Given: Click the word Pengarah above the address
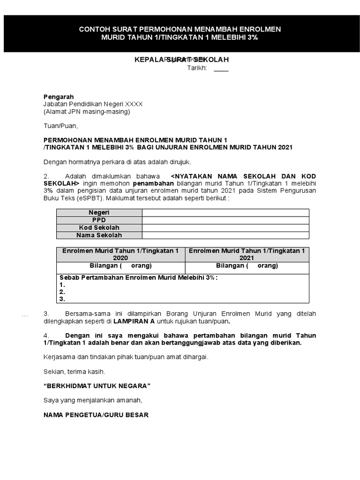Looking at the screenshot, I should (59, 97).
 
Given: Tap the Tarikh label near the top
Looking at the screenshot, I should (197, 68).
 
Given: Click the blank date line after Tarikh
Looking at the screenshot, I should (221, 69).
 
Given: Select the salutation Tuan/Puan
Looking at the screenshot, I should (60, 126).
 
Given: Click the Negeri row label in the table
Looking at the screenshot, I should (99, 213).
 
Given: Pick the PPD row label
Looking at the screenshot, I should (99, 220).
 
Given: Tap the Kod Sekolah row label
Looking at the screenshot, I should (99, 228).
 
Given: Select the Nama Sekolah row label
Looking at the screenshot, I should (99, 235).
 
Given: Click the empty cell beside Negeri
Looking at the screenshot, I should (225, 213).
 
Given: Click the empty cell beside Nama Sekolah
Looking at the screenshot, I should (225, 235).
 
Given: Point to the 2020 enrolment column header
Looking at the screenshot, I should (120, 255).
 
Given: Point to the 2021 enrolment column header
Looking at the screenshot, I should (247, 255).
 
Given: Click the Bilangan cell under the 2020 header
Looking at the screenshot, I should (120, 266).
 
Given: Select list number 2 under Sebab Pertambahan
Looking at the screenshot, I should (62, 292).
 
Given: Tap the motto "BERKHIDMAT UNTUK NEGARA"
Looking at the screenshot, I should (97, 385).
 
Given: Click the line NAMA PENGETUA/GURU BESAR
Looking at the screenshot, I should (96, 415).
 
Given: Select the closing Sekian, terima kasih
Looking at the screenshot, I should (74, 371).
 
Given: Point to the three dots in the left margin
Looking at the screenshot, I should (25, 315).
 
